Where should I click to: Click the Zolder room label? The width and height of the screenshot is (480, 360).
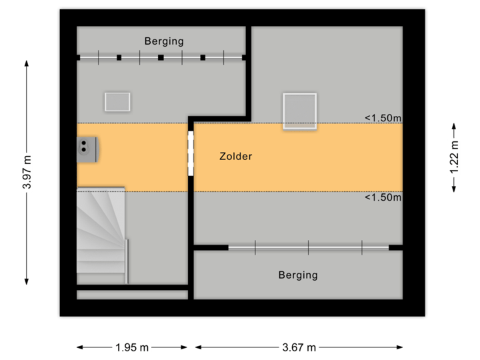(x=235, y=157)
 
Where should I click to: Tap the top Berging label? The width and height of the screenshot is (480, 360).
(x=164, y=41)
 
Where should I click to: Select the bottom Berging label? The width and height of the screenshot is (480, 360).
(x=298, y=275)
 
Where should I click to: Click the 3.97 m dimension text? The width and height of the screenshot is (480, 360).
(x=27, y=172)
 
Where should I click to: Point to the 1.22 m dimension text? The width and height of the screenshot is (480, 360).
(x=454, y=158)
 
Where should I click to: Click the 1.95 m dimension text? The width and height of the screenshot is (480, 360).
(x=132, y=347)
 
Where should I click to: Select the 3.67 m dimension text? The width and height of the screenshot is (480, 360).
(x=298, y=347)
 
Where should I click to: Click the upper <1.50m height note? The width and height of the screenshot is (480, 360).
(x=383, y=118)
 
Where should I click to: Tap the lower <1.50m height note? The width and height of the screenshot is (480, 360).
(x=383, y=197)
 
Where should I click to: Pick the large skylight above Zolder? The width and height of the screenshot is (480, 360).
(x=299, y=111)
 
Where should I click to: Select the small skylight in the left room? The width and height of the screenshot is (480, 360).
(x=117, y=101)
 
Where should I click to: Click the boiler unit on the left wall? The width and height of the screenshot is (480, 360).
(x=87, y=149)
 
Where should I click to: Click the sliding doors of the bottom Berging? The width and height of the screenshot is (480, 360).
(x=308, y=248)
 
